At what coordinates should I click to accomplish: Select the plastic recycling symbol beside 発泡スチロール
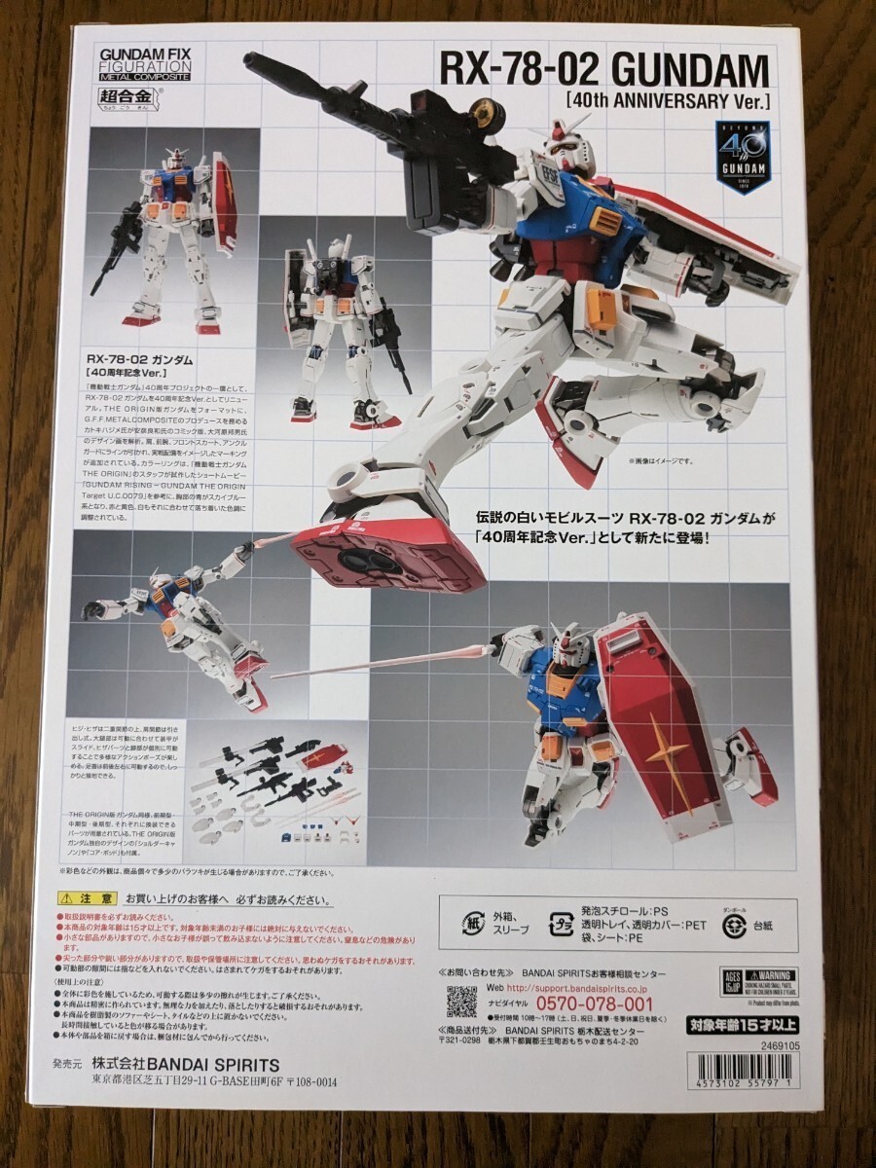coord(562,921)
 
